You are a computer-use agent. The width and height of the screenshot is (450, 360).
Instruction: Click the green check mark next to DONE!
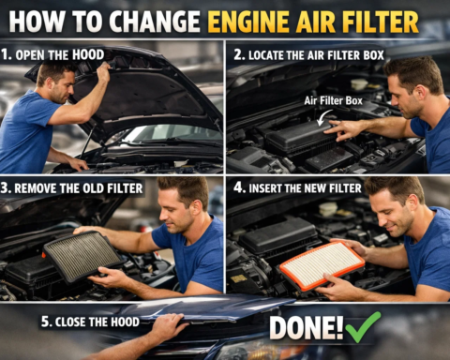(363, 326)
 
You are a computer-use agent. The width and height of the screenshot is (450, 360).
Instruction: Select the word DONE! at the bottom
(306, 327)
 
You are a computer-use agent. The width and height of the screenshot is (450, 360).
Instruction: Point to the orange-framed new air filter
(322, 264)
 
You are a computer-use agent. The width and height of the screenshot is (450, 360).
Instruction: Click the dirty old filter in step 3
(82, 256)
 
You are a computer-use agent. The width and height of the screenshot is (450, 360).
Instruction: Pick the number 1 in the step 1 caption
(7, 54)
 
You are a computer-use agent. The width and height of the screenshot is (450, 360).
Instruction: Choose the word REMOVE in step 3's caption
(46, 188)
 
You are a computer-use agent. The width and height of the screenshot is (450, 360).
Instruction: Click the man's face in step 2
(408, 90)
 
